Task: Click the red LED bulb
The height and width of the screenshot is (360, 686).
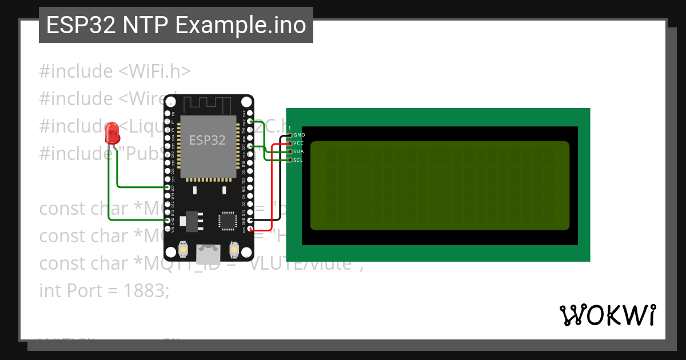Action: [113, 134]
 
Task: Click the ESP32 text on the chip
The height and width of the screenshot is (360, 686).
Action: [207, 140]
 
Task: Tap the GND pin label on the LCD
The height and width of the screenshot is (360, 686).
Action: [299, 135]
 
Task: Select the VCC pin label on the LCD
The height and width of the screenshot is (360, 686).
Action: [298, 143]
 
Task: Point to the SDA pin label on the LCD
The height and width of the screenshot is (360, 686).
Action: [298, 151]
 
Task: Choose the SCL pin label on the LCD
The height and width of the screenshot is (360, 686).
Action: [298, 160]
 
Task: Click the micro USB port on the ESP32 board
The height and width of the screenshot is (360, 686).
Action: [208, 252]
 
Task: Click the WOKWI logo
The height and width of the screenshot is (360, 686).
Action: [607, 315]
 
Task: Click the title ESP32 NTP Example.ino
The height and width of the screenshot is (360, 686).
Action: [176, 26]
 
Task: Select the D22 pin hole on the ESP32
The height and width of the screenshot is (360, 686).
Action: [250, 121]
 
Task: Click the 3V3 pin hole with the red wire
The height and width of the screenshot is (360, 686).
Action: [250, 229]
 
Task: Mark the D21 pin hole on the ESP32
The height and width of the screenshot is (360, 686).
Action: [250, 146]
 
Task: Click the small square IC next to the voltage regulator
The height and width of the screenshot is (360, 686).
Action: [227, 221]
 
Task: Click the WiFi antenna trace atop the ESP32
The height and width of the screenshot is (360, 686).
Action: [208, 105]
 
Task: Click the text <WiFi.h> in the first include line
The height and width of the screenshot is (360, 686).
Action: [154, 71]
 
